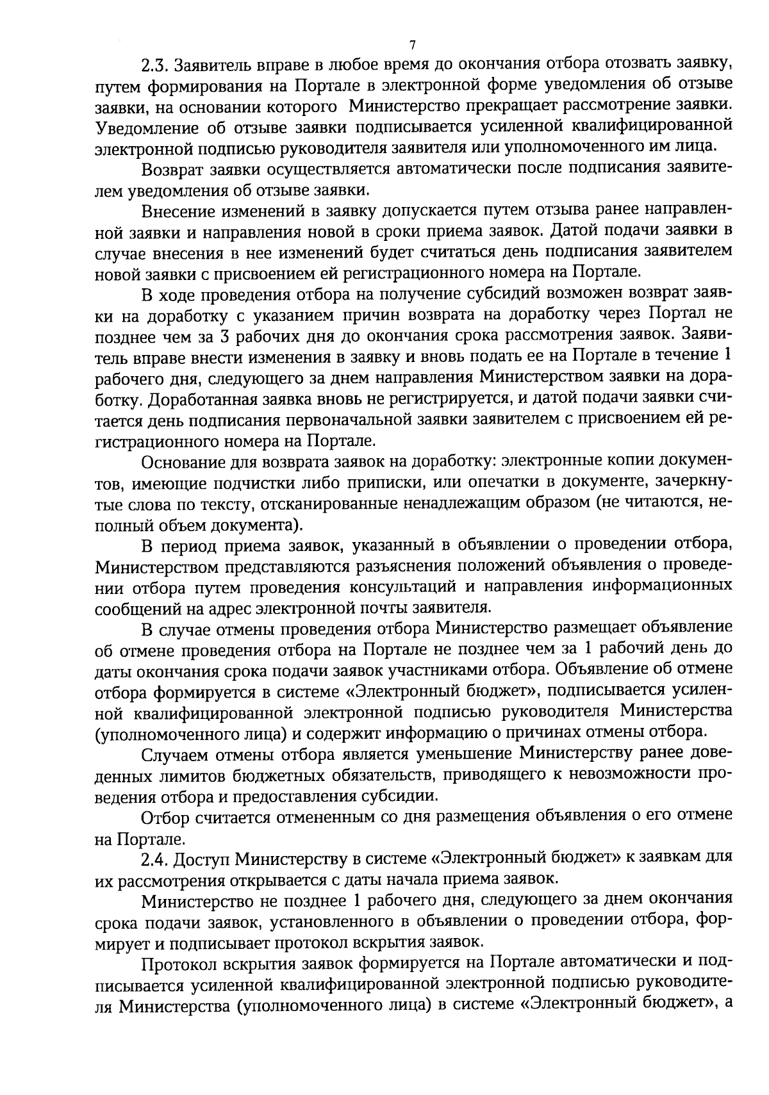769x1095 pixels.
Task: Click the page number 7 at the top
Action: coord(412,45)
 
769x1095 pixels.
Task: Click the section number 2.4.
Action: coord(156,857)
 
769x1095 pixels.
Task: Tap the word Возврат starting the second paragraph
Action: coord(171,169)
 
